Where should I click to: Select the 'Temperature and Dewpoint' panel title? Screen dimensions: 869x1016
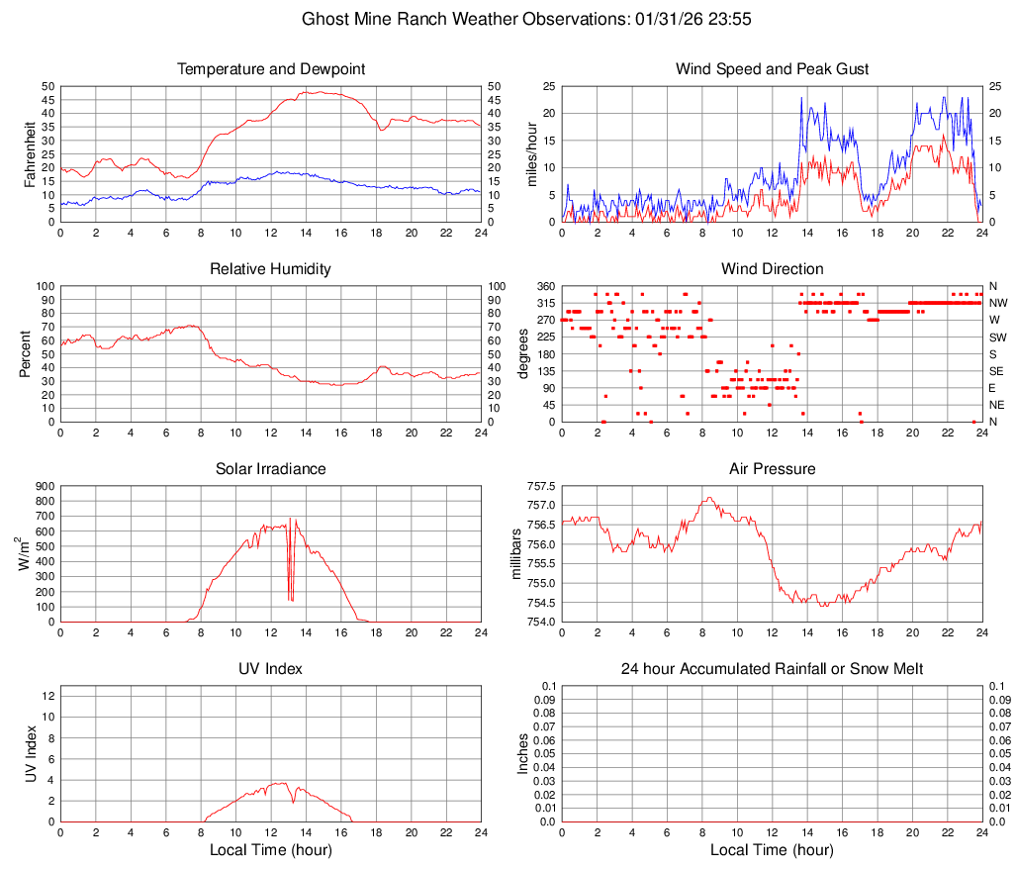click(x=271, y=69)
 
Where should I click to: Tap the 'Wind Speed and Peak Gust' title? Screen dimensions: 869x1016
click(x=772, y=69)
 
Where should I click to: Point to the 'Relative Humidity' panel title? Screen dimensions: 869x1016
click(x=271, y=269)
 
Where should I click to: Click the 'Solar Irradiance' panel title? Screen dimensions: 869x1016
click(x=271, y=469)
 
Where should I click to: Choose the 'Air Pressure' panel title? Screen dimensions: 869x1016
click(x=772, y=469)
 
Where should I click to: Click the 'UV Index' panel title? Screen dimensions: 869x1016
click(x=271, y=669)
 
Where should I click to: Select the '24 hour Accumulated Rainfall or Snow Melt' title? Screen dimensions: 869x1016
click(x=772, y=669)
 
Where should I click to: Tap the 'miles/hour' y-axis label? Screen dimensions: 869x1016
click(x=532, y=153)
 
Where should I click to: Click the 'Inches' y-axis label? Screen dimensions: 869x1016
click(x=523, y=753)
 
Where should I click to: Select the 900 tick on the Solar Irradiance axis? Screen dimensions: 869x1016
click(x=44, y=486)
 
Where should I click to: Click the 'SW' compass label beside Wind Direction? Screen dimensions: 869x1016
click(x=997, y=338)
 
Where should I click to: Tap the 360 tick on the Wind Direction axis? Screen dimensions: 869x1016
click(x=543, y=286)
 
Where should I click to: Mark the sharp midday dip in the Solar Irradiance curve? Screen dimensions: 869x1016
click(x=290, y=594)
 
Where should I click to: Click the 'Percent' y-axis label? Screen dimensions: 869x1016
click(x=27, y=353)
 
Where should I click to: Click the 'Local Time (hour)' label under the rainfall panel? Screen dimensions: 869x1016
click(x=772, y=850)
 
